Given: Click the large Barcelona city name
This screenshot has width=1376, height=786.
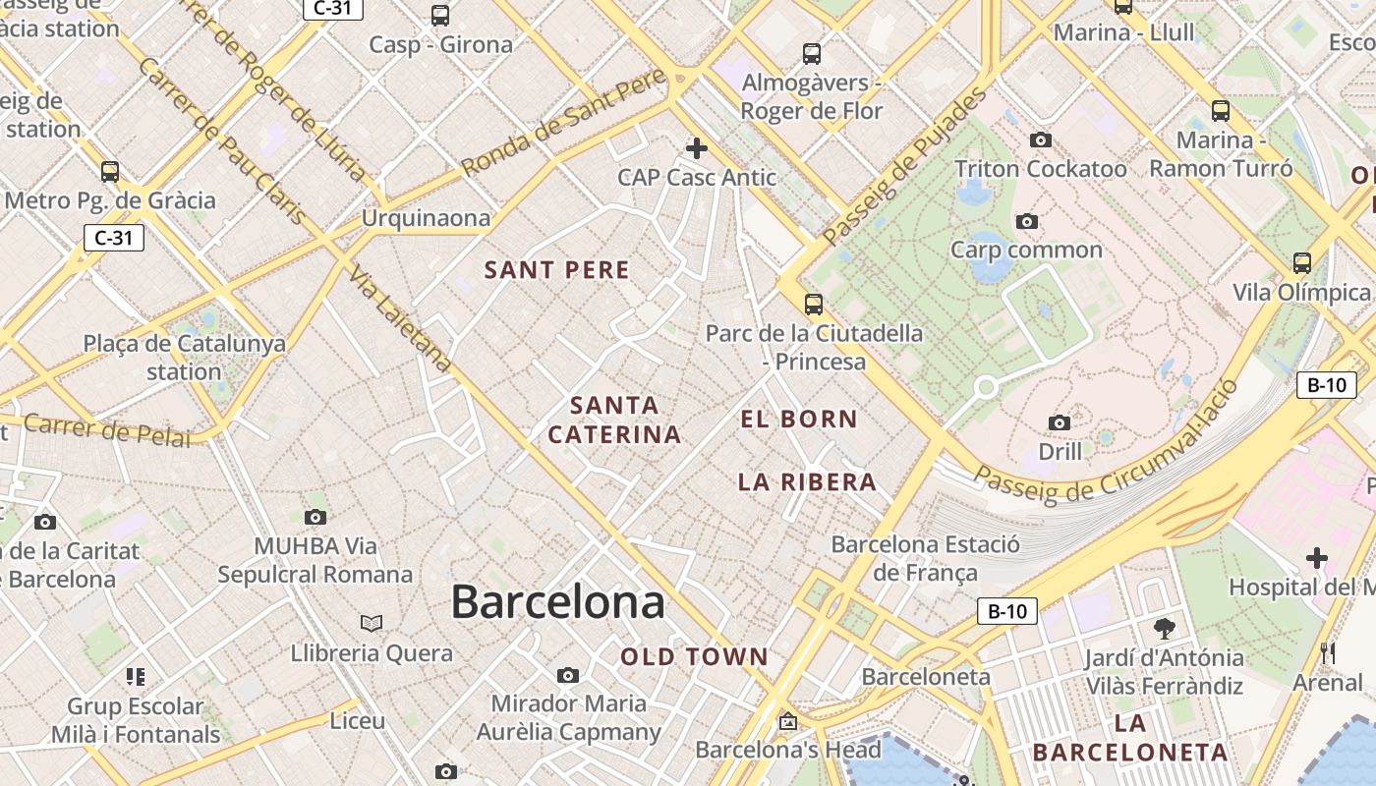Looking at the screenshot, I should coord(557,601).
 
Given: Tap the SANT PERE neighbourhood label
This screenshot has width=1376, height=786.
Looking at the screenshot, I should coord(556,270).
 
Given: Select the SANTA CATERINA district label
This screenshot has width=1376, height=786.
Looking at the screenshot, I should coord(614,420).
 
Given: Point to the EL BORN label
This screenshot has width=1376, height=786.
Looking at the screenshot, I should coord(799,420).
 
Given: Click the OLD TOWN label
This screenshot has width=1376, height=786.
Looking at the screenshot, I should coord(694,657).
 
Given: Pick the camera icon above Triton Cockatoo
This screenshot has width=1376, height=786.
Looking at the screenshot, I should coord(1040,140).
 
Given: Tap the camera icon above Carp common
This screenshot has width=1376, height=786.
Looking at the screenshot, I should coord(1026,222).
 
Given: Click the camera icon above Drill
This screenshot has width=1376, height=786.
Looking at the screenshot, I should coord(1059,423).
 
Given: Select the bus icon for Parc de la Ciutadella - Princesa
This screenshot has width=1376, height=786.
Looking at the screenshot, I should coord(813,305).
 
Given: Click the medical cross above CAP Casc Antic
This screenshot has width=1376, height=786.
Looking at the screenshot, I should coord(697,148).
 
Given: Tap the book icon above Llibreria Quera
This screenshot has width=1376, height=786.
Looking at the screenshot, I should coord(371,623).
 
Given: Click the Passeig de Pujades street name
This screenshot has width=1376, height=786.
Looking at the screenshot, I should coord(903,167).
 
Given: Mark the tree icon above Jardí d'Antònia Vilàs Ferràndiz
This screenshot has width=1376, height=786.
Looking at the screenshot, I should coord(1165,628).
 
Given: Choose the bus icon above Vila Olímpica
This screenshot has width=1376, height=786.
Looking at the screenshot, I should coord(1301,263).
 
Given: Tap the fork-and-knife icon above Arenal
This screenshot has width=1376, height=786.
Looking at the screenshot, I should coord(1327,652).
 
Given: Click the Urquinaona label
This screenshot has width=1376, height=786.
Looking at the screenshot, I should coord(426,218).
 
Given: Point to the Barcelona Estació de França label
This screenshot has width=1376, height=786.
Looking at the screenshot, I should coord(925,558).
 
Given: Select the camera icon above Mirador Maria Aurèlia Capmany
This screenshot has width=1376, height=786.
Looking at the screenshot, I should coord(567,675).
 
